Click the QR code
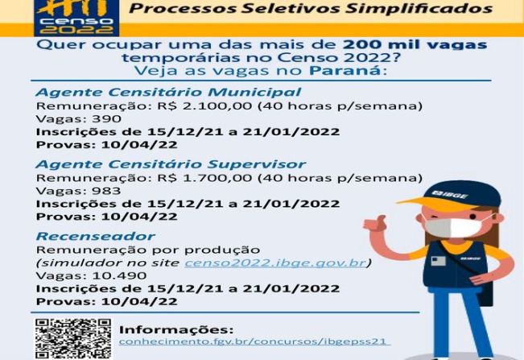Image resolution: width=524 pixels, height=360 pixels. [73, 338]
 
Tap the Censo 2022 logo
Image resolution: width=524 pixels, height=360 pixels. [76, 18]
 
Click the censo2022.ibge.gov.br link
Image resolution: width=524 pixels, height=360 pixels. [276, 263]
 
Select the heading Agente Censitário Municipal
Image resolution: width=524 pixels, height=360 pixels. [168, 93]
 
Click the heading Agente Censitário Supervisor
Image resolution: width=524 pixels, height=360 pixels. [171, 164]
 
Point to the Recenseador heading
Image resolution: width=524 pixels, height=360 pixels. [95, 236]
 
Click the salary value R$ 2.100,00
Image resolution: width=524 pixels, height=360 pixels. [204, 106]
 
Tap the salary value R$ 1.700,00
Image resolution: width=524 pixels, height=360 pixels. [204, 178]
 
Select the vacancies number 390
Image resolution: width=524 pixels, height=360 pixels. [106, 119]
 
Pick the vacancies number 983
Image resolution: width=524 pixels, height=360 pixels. [106, 191]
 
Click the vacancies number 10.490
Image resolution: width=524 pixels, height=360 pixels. [119, 275]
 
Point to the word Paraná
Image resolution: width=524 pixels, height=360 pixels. [345, 71]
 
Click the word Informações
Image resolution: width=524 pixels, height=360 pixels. [176, 329]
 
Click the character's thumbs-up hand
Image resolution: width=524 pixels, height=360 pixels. [375, 224]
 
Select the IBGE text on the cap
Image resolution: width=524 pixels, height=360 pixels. [450, 194]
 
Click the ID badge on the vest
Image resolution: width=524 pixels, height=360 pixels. [438, 261]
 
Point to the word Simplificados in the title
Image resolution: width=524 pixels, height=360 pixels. [419, 8]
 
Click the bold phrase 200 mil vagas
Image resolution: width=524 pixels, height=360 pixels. [415, 44]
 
